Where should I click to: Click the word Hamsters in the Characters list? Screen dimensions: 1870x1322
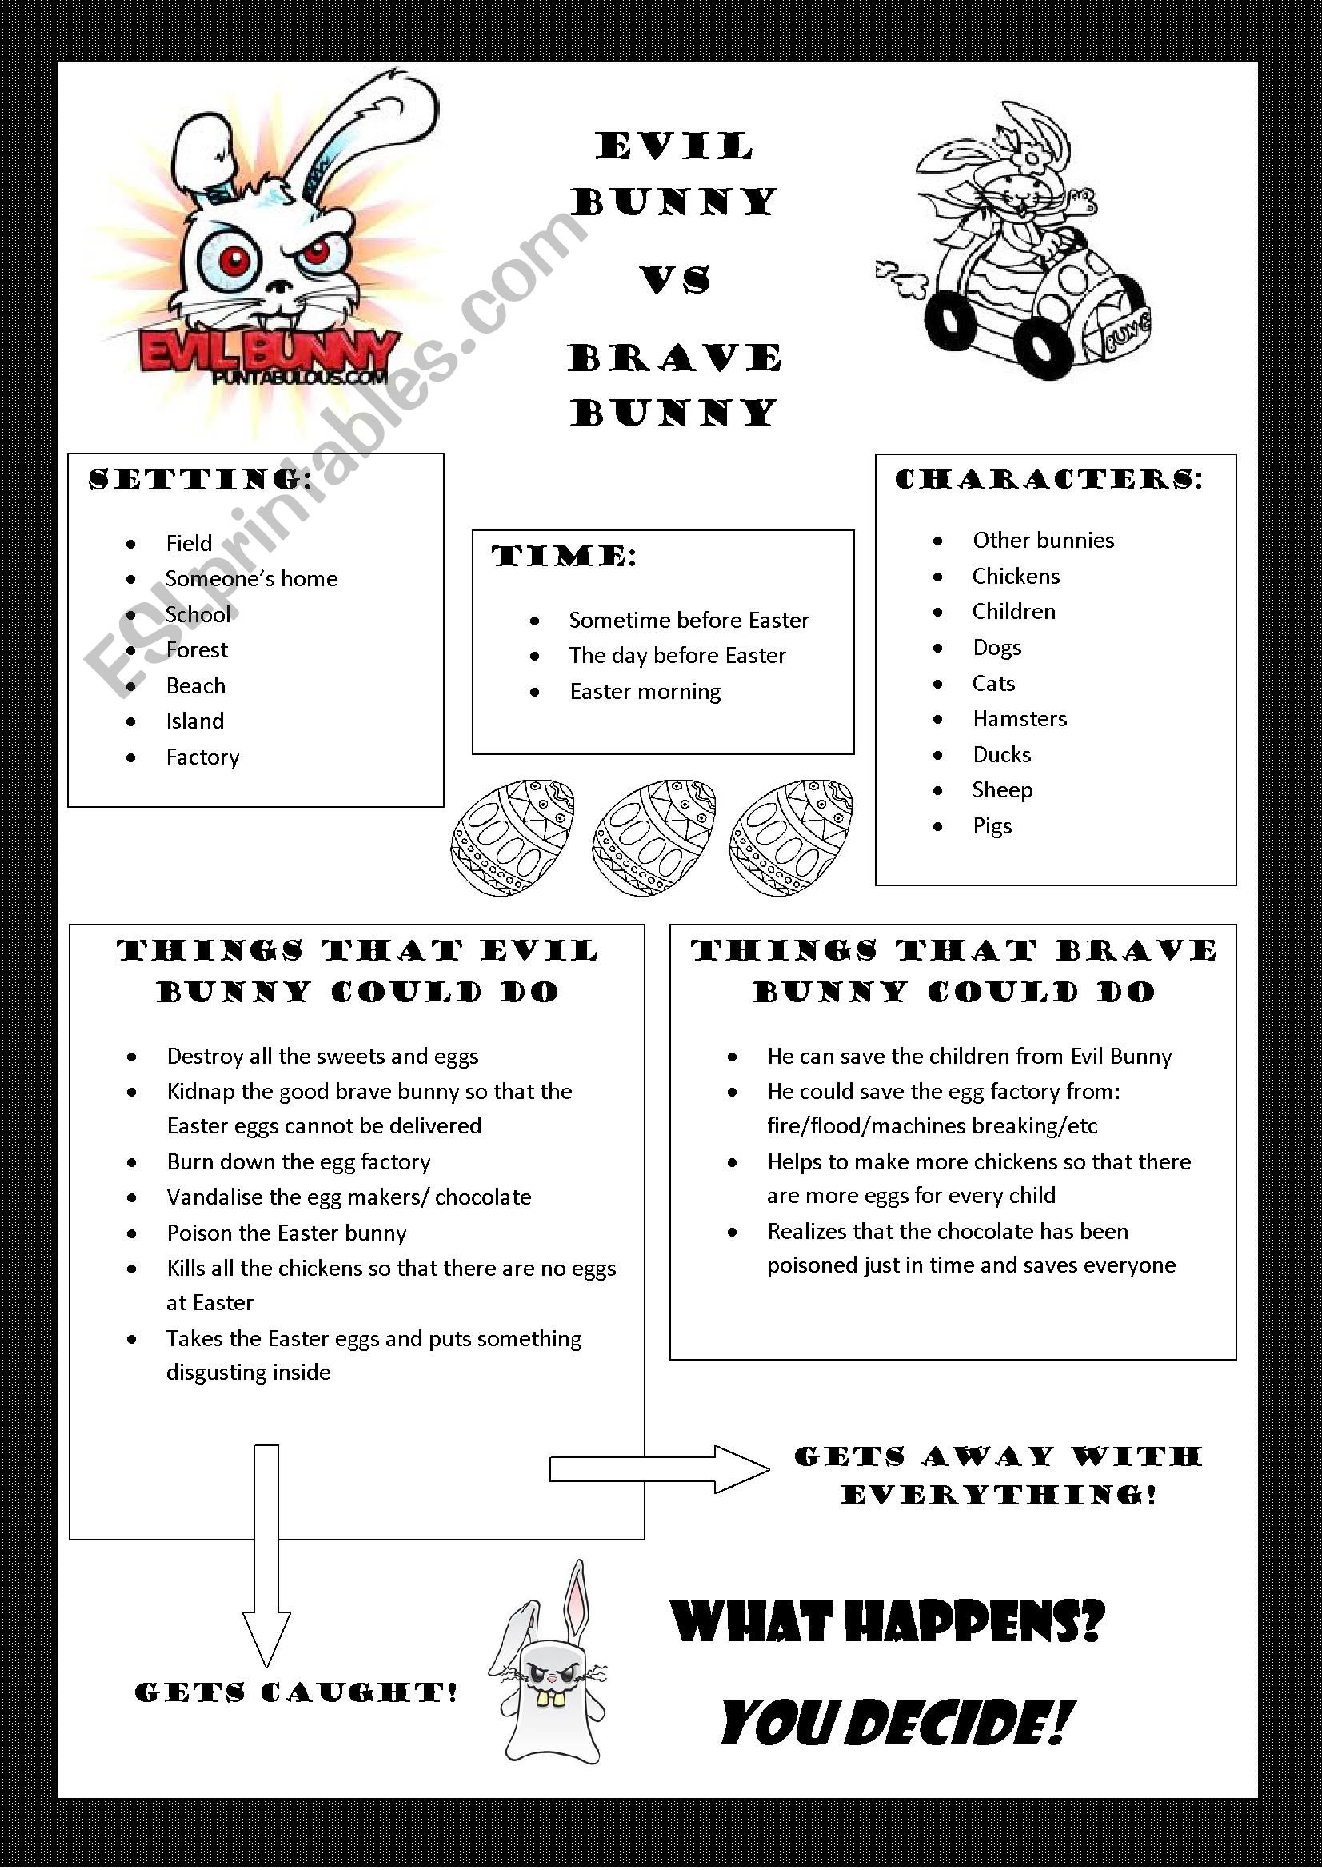[x=1019, y=718]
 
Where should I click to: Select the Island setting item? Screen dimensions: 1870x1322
[x=194, y=721]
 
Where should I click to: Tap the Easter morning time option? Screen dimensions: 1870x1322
[x=645, y=692]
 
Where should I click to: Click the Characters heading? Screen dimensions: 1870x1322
[x=1049, y=479]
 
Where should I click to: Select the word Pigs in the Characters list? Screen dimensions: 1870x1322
[x=992, y=826]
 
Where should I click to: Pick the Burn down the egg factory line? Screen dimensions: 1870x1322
[x=298, y=1161]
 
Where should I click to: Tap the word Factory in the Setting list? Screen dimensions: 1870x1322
[x=203, y=757]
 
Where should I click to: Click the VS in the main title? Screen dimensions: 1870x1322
[x=675, y=280]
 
